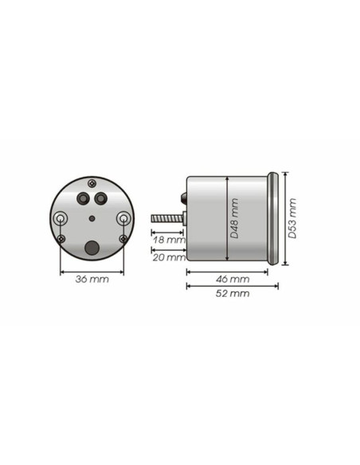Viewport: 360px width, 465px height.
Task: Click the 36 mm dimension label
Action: (92, 279)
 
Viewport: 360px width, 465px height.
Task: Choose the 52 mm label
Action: (233, 294)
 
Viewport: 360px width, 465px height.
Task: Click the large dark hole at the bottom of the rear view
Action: (92, 248)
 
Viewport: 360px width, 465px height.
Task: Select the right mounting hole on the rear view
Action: (123, 218)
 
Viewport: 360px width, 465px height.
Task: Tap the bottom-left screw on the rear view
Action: (62, 239)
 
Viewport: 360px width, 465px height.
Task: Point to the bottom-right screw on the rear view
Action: (123, 239)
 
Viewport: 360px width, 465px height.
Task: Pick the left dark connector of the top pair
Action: (84, 199)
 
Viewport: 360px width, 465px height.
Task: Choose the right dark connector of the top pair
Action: (100, 199)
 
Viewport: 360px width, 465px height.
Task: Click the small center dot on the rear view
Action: (92, 219)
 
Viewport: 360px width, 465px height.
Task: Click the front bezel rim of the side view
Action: (275, 219)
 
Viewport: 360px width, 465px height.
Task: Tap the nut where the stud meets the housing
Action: (185, 218)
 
